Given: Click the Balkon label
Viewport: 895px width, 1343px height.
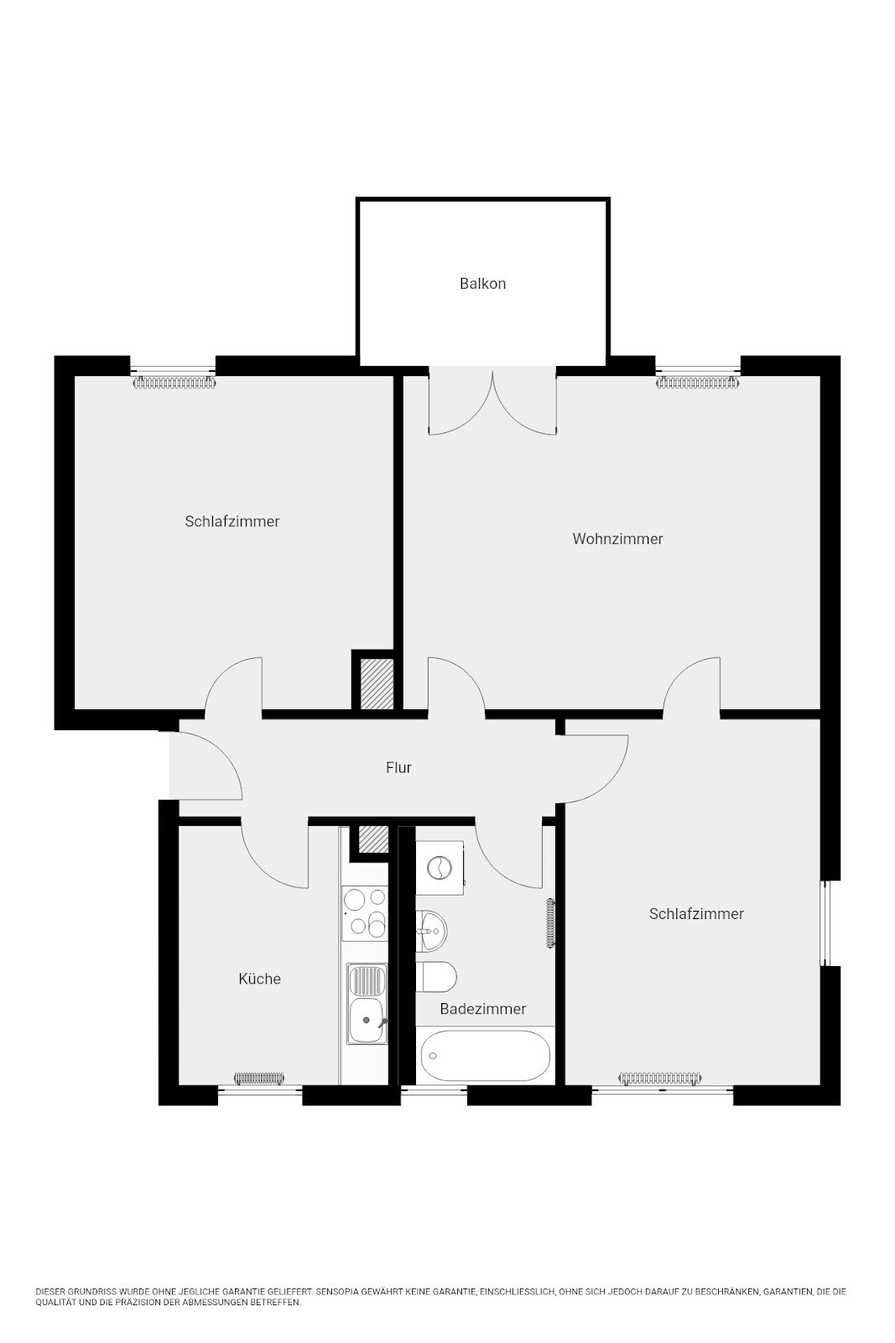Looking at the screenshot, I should [482, 284].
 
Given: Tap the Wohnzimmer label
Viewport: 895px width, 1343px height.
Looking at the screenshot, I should [617, 539].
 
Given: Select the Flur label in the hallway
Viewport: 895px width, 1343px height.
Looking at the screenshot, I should [398, 767].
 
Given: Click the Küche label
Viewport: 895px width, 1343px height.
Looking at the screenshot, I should [259, 979].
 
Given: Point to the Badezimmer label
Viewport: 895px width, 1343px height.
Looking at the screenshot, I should [483, 1009].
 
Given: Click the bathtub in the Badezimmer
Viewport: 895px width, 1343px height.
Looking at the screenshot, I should [485, 1055].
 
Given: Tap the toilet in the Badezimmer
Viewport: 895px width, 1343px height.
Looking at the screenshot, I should [438, 977].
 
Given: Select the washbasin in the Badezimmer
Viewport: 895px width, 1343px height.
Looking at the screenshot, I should [432, 930].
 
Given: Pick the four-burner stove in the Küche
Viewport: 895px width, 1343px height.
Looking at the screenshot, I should [365, 912].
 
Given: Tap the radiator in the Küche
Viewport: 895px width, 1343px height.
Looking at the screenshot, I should [259, 1078].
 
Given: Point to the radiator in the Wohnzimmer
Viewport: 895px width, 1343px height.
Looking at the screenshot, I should [698, 384].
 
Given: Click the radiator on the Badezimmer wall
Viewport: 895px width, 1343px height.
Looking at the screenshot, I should [550, 923].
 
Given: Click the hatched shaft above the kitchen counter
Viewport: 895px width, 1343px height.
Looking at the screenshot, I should [369, 839].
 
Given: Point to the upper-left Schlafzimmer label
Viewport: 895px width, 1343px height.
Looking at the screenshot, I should [232, 521].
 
